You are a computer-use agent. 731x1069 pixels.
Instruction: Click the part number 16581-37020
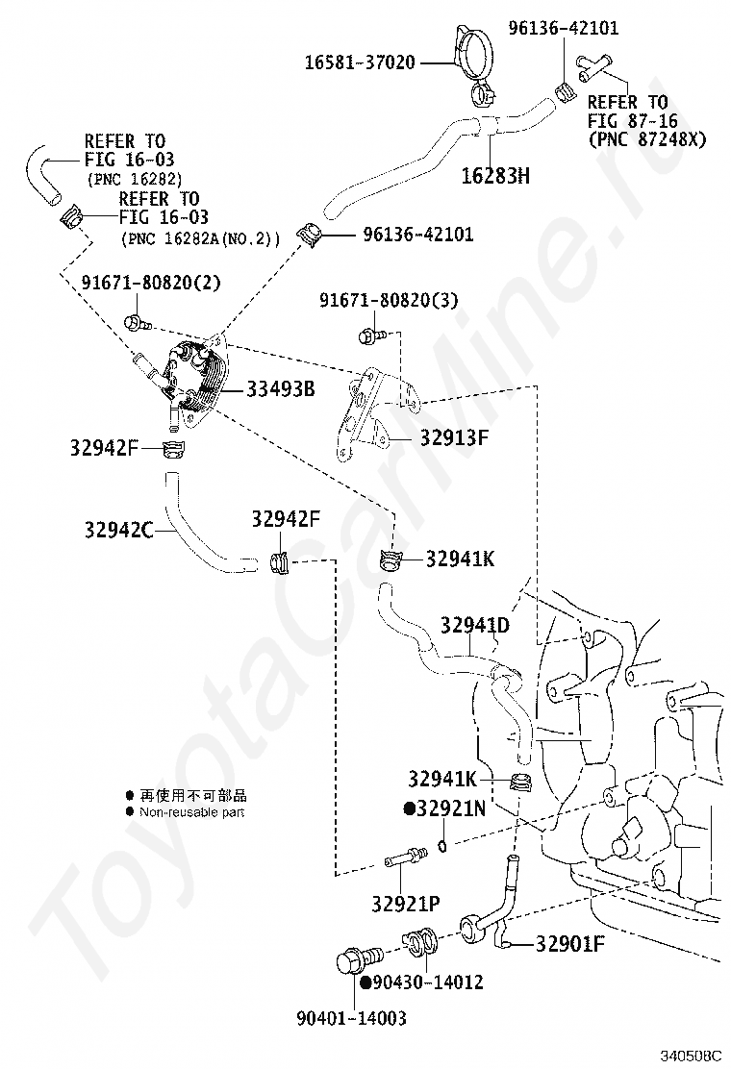(360, 62)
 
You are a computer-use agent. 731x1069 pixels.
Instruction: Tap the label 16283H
(495, 176)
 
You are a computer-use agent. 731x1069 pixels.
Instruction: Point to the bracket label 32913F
(454, 438)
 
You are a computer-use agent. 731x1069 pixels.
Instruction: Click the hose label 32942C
(118, 528)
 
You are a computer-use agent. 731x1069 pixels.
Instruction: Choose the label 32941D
(475, 626)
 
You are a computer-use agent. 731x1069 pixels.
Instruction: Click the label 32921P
(405, 903)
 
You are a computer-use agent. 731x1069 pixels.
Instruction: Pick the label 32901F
(569, 943)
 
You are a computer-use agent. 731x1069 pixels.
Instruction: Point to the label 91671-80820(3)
(389, 301)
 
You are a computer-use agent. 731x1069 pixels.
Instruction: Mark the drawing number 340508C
(689, 1054)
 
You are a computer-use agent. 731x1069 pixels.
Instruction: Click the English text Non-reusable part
(191, 812)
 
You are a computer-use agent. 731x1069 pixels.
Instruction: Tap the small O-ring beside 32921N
(441, 846)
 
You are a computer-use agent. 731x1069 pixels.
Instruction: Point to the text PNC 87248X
(646, 139)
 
